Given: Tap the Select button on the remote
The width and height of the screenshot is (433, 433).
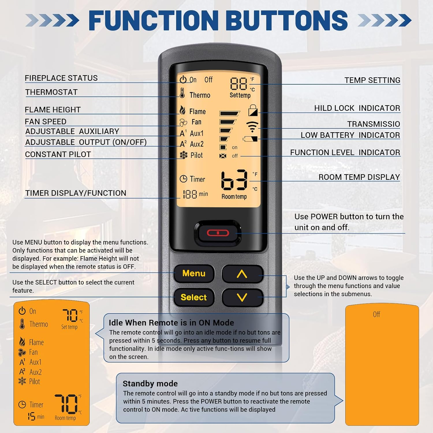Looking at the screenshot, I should (x=194, y=297).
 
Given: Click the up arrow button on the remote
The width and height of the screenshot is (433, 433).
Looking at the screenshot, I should (x=242, y=274).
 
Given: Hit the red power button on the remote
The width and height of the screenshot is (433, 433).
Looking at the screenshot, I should (x=218, y=233).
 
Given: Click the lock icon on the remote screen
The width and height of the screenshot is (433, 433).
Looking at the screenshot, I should (x=253, y=110).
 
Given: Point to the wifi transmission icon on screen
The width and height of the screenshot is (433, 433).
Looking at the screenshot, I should (x=252, y=126).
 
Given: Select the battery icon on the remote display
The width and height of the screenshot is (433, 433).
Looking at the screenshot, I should (x=250, y=139).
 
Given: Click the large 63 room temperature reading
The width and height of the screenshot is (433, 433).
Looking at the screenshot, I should (x=234, y=180).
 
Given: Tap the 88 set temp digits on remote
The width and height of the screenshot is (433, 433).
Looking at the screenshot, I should (x=238, y=84).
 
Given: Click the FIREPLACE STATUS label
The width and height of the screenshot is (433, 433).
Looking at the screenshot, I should (x=61, y=78).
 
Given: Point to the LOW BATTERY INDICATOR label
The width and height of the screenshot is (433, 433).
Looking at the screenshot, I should (x=350, y=135).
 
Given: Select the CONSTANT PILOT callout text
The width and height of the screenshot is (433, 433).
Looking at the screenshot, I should (x=58, y=154).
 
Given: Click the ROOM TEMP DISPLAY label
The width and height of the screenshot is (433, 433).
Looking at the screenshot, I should (x=359, y=177).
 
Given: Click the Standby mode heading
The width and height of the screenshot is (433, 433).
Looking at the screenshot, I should (x=150, y=384).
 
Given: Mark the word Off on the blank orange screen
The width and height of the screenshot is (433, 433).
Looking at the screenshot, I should (x=376, y=314).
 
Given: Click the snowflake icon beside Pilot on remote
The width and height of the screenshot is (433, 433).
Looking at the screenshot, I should (x=184, y=155).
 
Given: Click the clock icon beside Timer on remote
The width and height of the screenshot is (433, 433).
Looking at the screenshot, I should (x=183, y=179).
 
